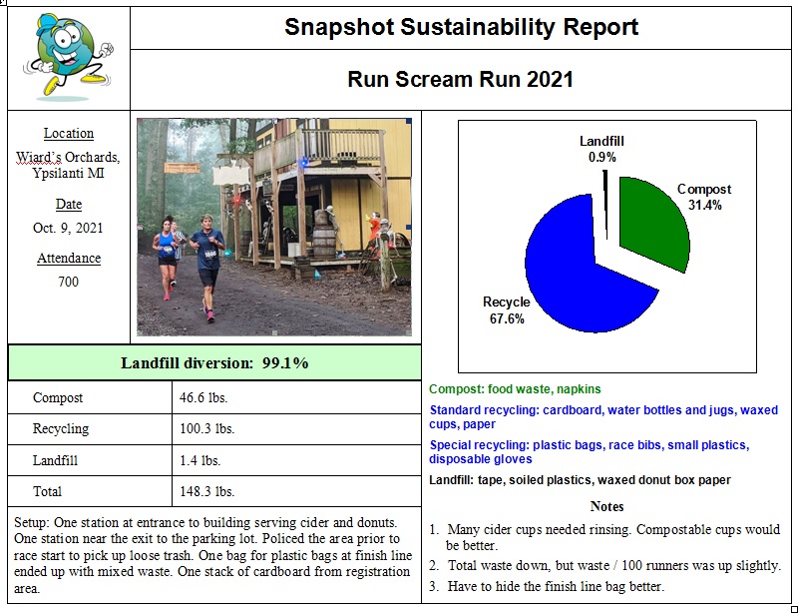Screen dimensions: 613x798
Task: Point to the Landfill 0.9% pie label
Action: [x=601, y=149]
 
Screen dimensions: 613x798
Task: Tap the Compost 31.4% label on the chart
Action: [x=703, y=197]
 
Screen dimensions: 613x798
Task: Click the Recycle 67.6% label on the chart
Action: [x=506, y=310]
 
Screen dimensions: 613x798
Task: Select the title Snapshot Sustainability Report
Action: [x=461, y=27]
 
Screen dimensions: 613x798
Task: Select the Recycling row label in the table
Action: [x=61, y=429]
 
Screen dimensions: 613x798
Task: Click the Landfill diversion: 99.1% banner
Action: [x=214, y=362]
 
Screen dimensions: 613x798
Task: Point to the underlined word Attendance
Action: [x=69, y=259]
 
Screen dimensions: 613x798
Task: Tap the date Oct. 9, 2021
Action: [x=68, y=228]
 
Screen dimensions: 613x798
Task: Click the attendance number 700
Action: [x=68, y=282]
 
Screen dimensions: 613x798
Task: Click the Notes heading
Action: [x=606, y=506]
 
